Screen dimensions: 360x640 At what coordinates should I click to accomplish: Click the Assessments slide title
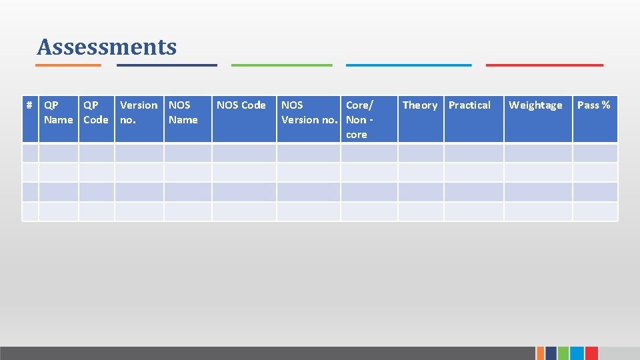[107, 47]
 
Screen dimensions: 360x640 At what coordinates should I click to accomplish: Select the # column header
[30, 105]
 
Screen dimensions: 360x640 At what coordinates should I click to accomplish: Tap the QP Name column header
[58, 112]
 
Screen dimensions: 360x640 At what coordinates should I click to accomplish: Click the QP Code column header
[96, 112]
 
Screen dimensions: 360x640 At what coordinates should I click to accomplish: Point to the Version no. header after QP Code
[139, 112]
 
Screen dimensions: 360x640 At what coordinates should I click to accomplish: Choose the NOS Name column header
[183, 112]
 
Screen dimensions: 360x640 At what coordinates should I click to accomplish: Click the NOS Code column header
[241, 105]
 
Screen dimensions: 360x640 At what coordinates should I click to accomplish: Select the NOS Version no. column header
[309, 112]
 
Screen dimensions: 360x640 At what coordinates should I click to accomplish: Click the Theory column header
[420, 105]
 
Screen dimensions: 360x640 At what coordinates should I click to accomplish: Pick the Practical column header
[469, 105]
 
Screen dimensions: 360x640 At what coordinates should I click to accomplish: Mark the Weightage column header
[535, 105]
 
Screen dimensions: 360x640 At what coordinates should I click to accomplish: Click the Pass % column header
[593, 105]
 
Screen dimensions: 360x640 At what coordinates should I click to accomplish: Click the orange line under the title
[68, 65]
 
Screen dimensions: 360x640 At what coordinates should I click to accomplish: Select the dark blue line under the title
[167, 65]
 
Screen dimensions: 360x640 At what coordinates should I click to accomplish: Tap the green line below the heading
[281, 65]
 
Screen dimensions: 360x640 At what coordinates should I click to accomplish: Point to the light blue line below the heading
[408, 65]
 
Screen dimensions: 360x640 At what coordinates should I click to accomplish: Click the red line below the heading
[545, 65]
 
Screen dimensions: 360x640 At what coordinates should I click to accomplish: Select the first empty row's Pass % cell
[595, 153]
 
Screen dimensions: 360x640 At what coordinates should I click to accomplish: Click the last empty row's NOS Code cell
[244, 211]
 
